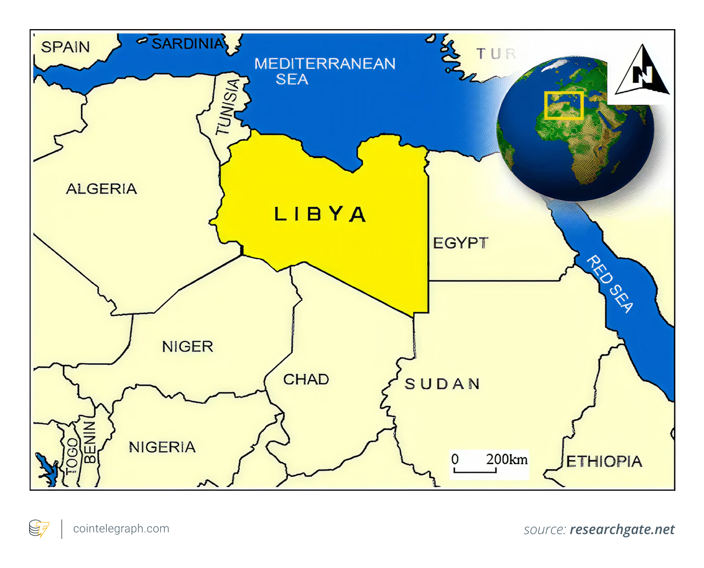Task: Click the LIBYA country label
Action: coord(319,214)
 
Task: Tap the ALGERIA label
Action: coord(101,189)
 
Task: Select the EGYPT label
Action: coord(460,243)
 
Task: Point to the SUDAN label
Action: coord(442,384)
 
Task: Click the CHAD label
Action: coord(306,379)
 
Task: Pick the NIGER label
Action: coord(187,346)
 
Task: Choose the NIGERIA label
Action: coord(162,447)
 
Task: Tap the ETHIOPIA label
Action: coord(604,461)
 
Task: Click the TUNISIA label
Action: coord(228,107)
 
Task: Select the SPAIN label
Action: coord(66,47)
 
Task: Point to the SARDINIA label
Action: coord(188,44)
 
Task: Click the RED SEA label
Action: coord(610,284)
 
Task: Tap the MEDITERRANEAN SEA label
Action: coord(324,71)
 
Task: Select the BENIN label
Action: coord(90,442)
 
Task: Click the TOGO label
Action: coord(72,454)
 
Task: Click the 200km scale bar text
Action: coord(506,459)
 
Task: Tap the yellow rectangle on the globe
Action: coord(563,105)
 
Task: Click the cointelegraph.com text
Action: coord(121,529)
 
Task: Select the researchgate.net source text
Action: coord(622,529)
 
